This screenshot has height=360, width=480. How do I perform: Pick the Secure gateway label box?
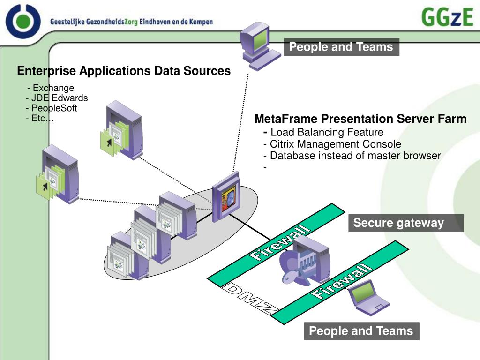tap(406, 223)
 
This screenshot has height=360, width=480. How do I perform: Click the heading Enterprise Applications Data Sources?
tap(124, 71)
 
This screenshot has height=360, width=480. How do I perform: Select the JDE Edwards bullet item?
tap(57, 98)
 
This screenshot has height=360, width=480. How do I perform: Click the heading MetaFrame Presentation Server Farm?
tap(360, 119)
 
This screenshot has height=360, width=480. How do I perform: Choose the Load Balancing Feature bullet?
tap(326, 132)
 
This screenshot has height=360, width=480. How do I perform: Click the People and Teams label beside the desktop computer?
tap(341, 47)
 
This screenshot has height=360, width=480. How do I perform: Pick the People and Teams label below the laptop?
tap(361, 331)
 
